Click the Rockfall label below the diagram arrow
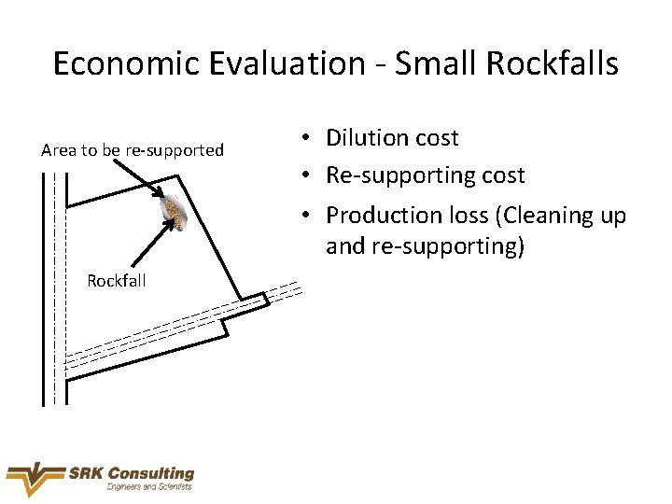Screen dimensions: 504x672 click(117, 280)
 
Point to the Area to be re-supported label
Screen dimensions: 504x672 click(133, 150)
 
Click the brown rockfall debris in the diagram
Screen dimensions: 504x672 click(174, 212)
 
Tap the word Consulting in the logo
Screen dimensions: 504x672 click(152, 474)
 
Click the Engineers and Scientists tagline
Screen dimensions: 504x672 click(149, 487)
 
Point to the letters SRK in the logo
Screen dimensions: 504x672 click(89, 474)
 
